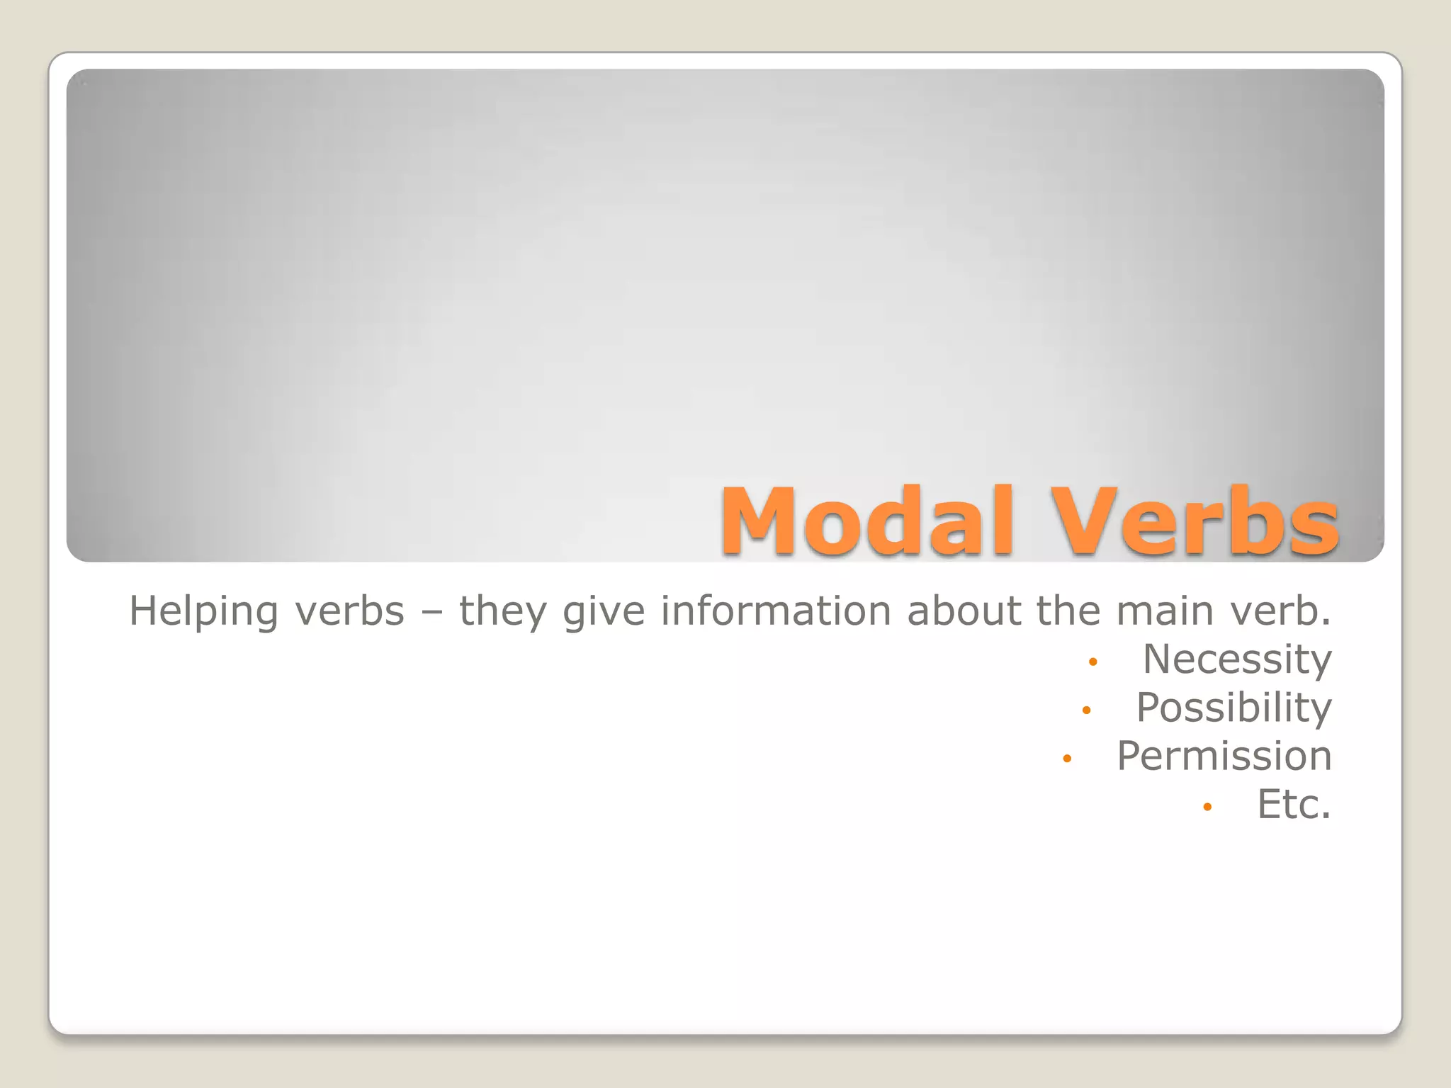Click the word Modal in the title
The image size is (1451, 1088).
867,521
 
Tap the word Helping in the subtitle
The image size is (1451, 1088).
203,612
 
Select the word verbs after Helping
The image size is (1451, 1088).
349,611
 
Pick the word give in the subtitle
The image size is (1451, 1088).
604,612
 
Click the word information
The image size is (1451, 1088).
775,611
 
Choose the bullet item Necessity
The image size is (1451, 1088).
1237,659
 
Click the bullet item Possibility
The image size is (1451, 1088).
1233,708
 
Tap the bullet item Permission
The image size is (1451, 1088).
1224,756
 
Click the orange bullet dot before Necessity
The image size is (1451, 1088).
1093,662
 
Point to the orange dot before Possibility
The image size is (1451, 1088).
1086,710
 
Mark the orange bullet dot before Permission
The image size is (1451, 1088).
1067,759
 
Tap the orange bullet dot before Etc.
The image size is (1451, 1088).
1207,807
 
